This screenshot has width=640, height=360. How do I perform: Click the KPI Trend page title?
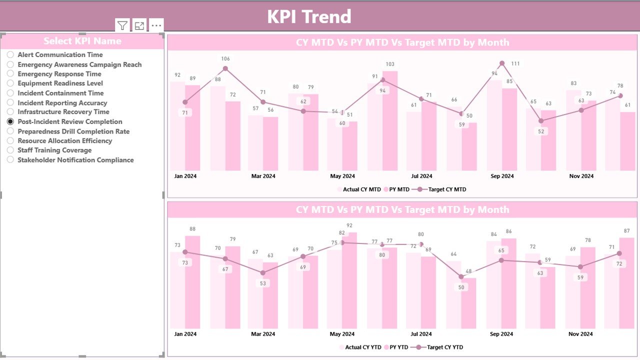pyautogui.click(x=309, y=16)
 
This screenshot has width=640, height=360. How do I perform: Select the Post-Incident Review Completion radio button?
pyautogui.click(x=10, y=121)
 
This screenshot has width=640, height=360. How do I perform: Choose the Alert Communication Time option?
pyautogui.click(x=10, y=54)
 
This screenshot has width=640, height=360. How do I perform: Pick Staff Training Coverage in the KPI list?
pyautogui.click(x=10, y=150)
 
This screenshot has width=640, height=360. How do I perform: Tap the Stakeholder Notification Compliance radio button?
pyautogui.click(x=10, y=160)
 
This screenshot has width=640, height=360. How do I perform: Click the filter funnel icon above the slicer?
pyautogui.click(x=122, y=26)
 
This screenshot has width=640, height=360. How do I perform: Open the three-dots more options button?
pyautogui.click(x=156, y=26)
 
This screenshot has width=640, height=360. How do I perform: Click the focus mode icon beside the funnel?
pyautogui.click(x=139, y=26)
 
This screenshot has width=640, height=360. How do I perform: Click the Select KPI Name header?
pyautogui.click(x=82, y=41)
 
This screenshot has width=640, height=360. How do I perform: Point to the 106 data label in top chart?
pyautogui.click(x=225, y=59)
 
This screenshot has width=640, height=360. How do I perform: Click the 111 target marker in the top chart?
pyautogui.click(x=501, y=63)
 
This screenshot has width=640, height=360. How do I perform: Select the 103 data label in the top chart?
pyautogui.click(x=390, y=64)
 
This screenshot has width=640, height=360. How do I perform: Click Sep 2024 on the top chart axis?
pyautogui.click(x=501, y=176)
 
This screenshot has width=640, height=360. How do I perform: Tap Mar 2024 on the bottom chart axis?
pyautogui.click(x=263, y=334)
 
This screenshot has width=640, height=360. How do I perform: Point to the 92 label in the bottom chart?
pyautogui.click(x=349, y=225)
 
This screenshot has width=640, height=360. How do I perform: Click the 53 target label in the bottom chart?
pyautogui.click(x=263, y=283)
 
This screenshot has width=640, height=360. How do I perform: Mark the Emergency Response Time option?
pyautogui.click(x=10, y=74)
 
